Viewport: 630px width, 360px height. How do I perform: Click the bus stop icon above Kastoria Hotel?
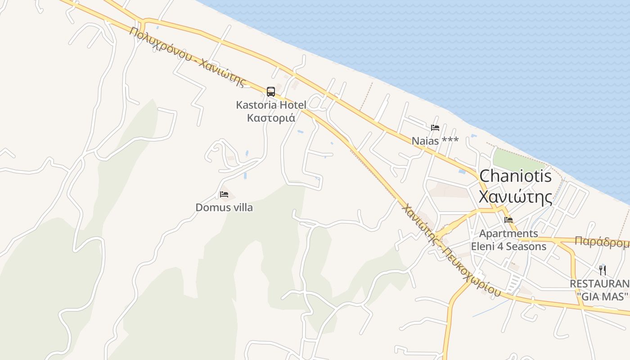pyautogui.click(x=270, y=92)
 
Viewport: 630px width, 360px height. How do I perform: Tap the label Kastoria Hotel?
pyautogui.click(x=271, y=105)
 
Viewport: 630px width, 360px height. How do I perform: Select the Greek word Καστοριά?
pyautogui.click(x=271, y=118)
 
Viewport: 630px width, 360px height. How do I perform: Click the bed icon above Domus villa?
pyautogui.click(x=224, y=194)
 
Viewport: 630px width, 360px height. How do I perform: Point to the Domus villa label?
pyautogui.click(x=224, y=207)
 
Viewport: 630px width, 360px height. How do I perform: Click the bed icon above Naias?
pyautogui.click(x=435, y=128)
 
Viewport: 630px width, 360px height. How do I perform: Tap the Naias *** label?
pyautogui.click(x=435, y=141)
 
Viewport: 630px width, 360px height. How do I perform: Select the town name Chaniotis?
pyautogui.click(x=515, y=176)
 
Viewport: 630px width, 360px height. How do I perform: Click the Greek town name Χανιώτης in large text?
pyautogui.click(x=515, y=197)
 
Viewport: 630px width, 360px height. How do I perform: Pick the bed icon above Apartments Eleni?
pyautogui.click(x=508, y=220)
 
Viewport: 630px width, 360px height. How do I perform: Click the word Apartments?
pyautogui.click(x=508, y=234)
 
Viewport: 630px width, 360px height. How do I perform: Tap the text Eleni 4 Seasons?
pyautogui.click(x=508, y=247)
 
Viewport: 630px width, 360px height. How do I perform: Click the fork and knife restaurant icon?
pyautogui.click(x=603, y=270)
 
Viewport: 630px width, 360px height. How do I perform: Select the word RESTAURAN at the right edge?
pyautogui.click(x=599, y=284)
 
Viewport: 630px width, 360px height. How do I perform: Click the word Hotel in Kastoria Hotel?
pyautogui.click(x=293, y=105)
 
